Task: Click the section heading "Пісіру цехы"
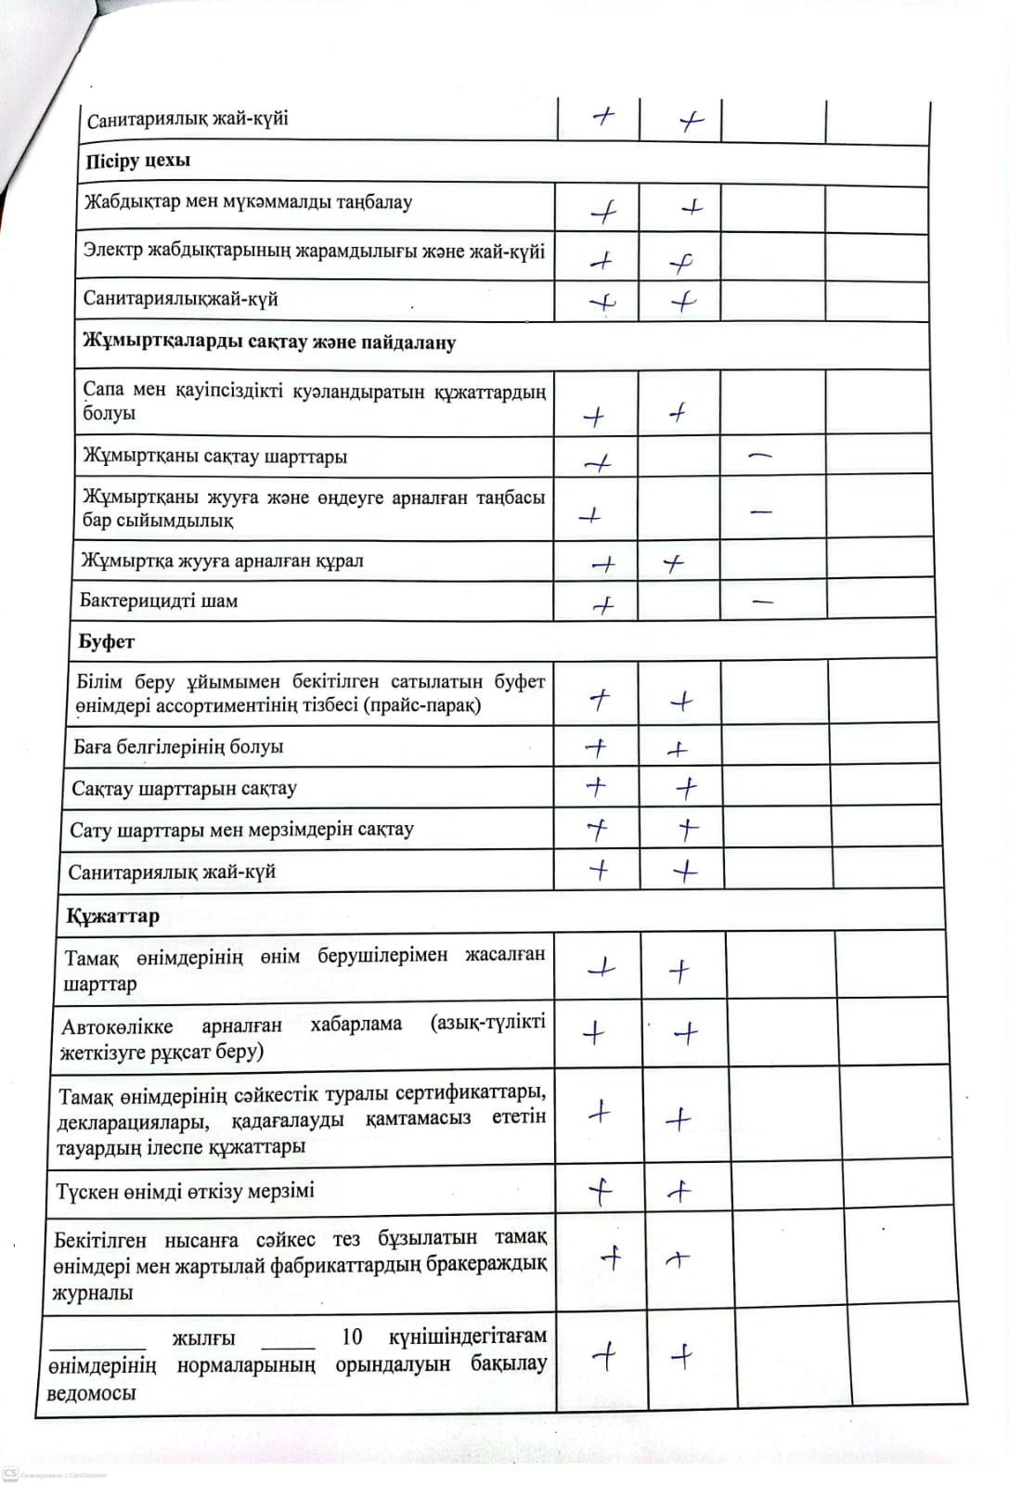137,161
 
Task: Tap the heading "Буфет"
107,641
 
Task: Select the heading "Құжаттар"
112,916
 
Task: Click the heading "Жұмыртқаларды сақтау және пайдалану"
269,342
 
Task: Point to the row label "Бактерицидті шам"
159,600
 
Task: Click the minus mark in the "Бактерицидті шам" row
763,601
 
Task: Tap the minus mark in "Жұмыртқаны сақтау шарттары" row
759,455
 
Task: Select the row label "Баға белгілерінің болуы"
178,746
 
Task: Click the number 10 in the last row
352,1336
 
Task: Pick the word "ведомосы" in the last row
91,1393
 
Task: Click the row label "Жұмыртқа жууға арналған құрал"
222,561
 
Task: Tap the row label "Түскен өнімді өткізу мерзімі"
185,1191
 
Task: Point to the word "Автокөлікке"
117,1027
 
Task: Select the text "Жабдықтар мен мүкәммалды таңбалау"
248,202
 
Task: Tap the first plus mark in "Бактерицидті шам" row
603,605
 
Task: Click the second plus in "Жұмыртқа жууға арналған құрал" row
675,562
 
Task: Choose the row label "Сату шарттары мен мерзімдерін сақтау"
241,830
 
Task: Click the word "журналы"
93,1293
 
